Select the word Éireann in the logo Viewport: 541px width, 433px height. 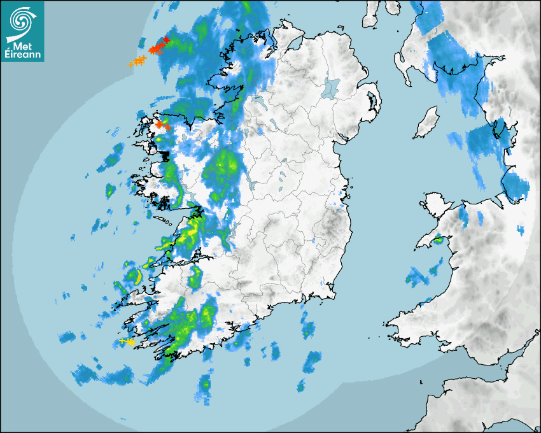[x=23, y=55]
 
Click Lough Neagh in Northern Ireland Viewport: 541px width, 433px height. [x=331, y=87]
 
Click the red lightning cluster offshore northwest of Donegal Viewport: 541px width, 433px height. [x=157, y=47]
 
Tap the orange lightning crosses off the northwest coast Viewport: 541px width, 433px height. [x=137, y=61]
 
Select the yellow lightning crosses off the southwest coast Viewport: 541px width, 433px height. [x=127, y=342]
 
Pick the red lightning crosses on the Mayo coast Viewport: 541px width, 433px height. [x=162, y=125]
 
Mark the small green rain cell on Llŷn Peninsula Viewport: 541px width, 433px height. [x=439, y=241]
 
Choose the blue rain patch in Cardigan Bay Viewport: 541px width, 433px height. [x=417, y=277]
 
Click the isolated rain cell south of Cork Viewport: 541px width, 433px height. [x=205, y=385]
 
